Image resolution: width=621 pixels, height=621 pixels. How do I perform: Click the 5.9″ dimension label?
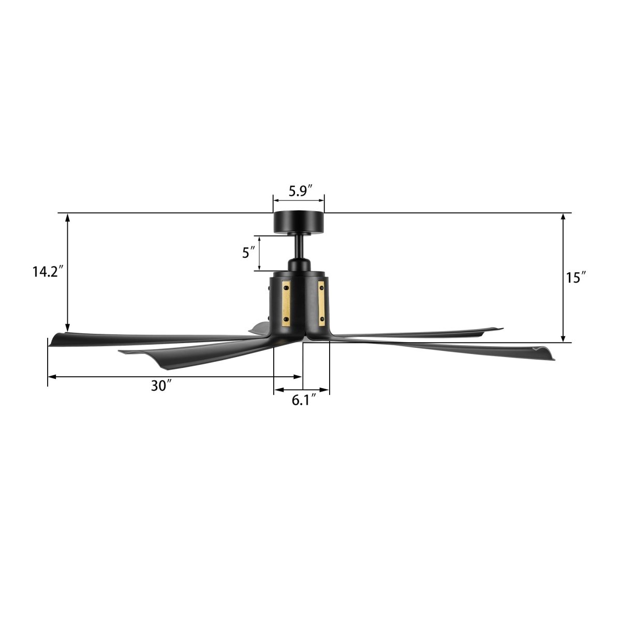click(298, 191)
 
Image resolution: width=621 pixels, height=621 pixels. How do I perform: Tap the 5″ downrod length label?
click(248, 253)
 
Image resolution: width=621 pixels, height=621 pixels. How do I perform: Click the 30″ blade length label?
click(161, 386)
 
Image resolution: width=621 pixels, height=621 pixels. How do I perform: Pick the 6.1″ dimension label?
click(304, 401)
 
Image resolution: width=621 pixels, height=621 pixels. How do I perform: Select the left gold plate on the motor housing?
click(286, 303)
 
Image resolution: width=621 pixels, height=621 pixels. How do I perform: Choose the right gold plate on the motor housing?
click(321, 303)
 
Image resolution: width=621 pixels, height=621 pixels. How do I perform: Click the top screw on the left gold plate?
click(286, 284)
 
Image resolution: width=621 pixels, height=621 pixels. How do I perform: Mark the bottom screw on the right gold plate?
click(322, 321)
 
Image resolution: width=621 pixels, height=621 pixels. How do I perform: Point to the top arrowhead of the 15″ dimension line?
click(563, 217)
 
